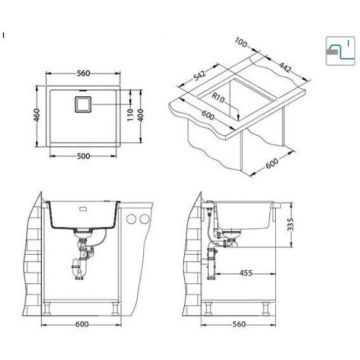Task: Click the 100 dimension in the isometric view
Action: click(241, 44)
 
